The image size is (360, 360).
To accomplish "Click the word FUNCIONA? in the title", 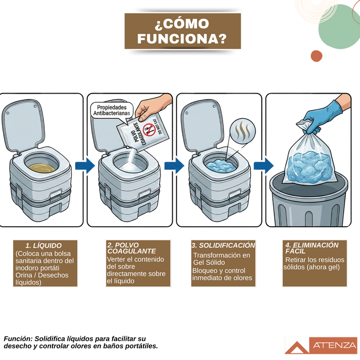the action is pyautogui.click(x=182, y=39).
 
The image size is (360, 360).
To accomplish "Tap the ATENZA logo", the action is pyautogui.click(x=321, y=345).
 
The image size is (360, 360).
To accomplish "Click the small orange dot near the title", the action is pyautogui.click(x=316, y=56).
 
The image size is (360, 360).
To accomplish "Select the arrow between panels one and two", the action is pyautogui.click(x=85, y=165).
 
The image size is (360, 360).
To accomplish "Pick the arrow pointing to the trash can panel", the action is pyautogui.click(x=263, y=165).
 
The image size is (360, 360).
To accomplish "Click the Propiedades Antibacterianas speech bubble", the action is pyautogui.click(x=112, y=111).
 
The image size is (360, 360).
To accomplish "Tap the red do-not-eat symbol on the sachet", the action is pyautogui.click(x=149, y=130).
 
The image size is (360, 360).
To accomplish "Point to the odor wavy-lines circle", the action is pyautogui.click(x=243, y=131).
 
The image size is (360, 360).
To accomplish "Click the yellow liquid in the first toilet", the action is pyautogui.click(x=42, y=168).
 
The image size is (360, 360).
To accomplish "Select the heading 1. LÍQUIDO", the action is pyautogui.click(x=44, y=245).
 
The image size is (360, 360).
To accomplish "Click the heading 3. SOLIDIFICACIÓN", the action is pyautogui.click(x=223, y=245).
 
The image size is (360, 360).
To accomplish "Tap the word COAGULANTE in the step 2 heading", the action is pyautogui.click(x=132, y=251).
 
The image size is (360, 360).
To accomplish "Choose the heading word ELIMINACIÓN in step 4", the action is pyautogui.click(x=316, y=245).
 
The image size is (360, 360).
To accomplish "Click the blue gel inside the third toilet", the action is pyautogui.click(x=221, y=166).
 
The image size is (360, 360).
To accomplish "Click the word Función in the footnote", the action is pyautogui.click(x=18, y=338).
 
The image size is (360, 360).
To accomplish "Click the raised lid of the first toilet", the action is pyautogui.click(x=24, y=125).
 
